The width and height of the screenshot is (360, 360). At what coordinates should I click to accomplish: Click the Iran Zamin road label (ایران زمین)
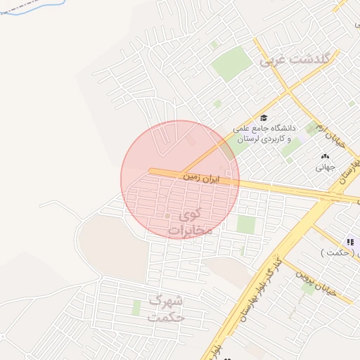pos(202,179)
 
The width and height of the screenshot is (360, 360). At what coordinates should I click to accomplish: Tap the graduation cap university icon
pos(264,118)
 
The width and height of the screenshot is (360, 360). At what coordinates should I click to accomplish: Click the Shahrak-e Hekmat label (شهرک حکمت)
pos(166,308)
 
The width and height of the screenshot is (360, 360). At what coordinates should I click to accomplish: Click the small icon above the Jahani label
pos(324,156)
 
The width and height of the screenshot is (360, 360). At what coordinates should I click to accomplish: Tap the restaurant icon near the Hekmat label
pos(350,243)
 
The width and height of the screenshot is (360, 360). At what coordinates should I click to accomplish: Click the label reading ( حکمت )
pos(340,252)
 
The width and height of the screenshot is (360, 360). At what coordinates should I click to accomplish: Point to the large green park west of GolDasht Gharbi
pos(231,64)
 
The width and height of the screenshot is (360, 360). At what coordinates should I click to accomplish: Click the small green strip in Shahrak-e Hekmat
pos(136,307)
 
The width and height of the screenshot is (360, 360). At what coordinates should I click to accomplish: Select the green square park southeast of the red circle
pos(246,224)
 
